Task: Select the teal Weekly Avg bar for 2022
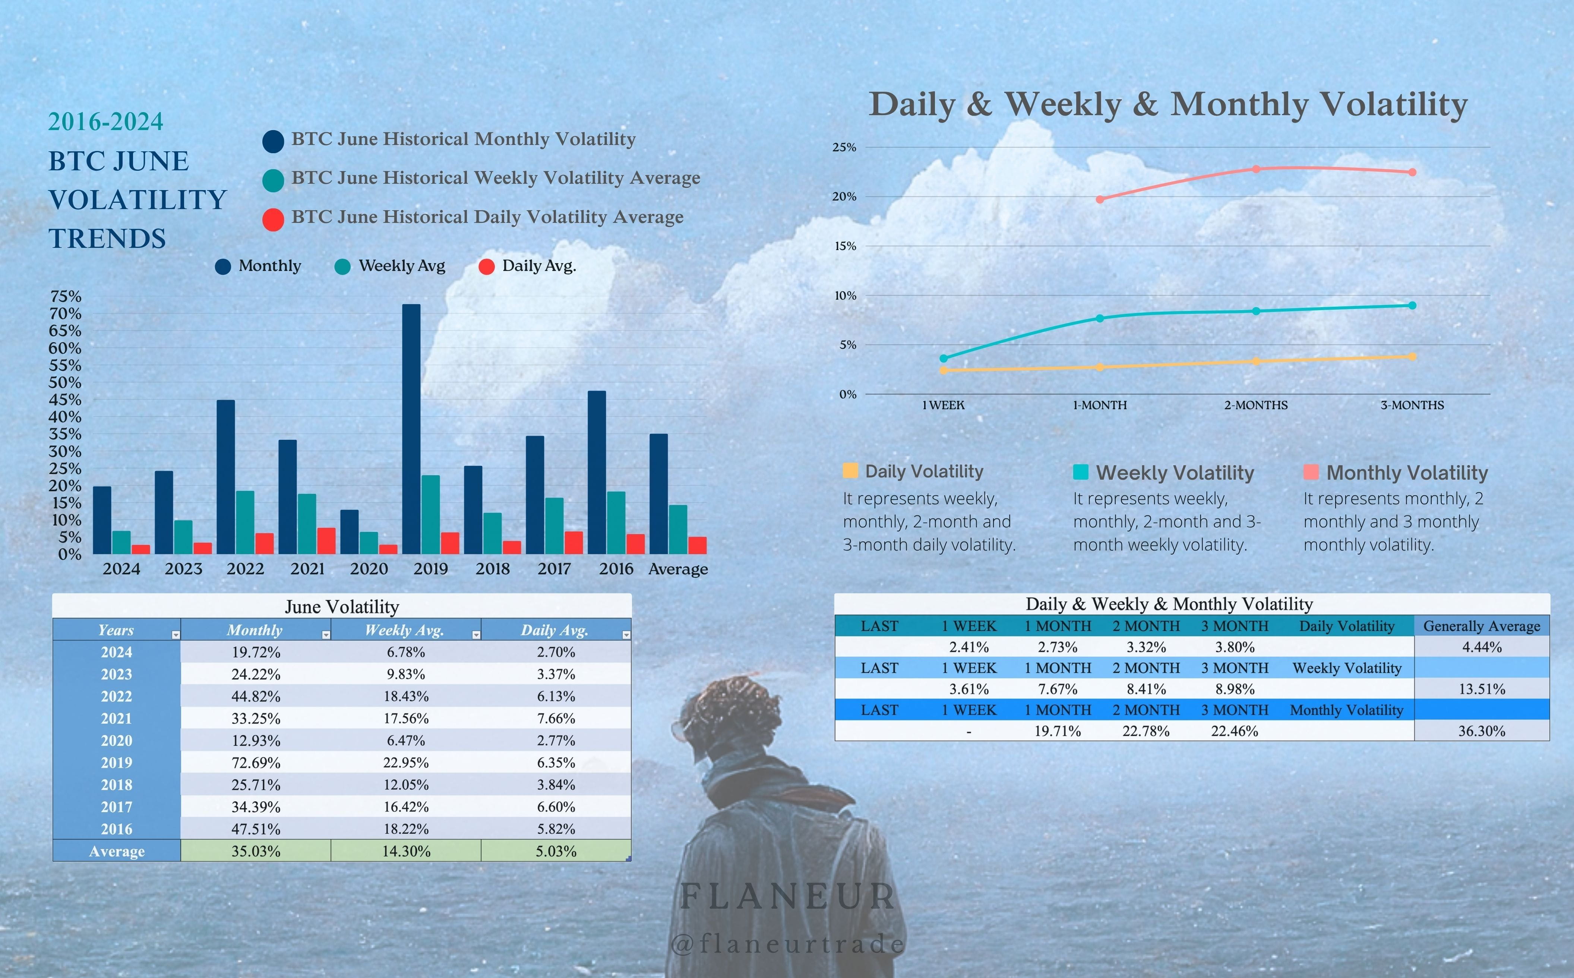click(245, 522)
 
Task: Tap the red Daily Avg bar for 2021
click(326, 541)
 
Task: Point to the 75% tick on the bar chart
click(65, 296)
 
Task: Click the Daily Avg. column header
click(555, 630)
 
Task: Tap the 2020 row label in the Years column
click(116, 741)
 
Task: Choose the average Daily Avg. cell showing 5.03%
click(556, 851)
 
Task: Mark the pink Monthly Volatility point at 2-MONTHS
click(1256, 169)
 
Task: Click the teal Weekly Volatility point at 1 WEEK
click(944, 358)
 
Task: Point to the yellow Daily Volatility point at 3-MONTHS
click(1412, 356)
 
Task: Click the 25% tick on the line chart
click(844, 148)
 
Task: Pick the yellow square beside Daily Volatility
click(850, 470)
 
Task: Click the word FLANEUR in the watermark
click(788, 896)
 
